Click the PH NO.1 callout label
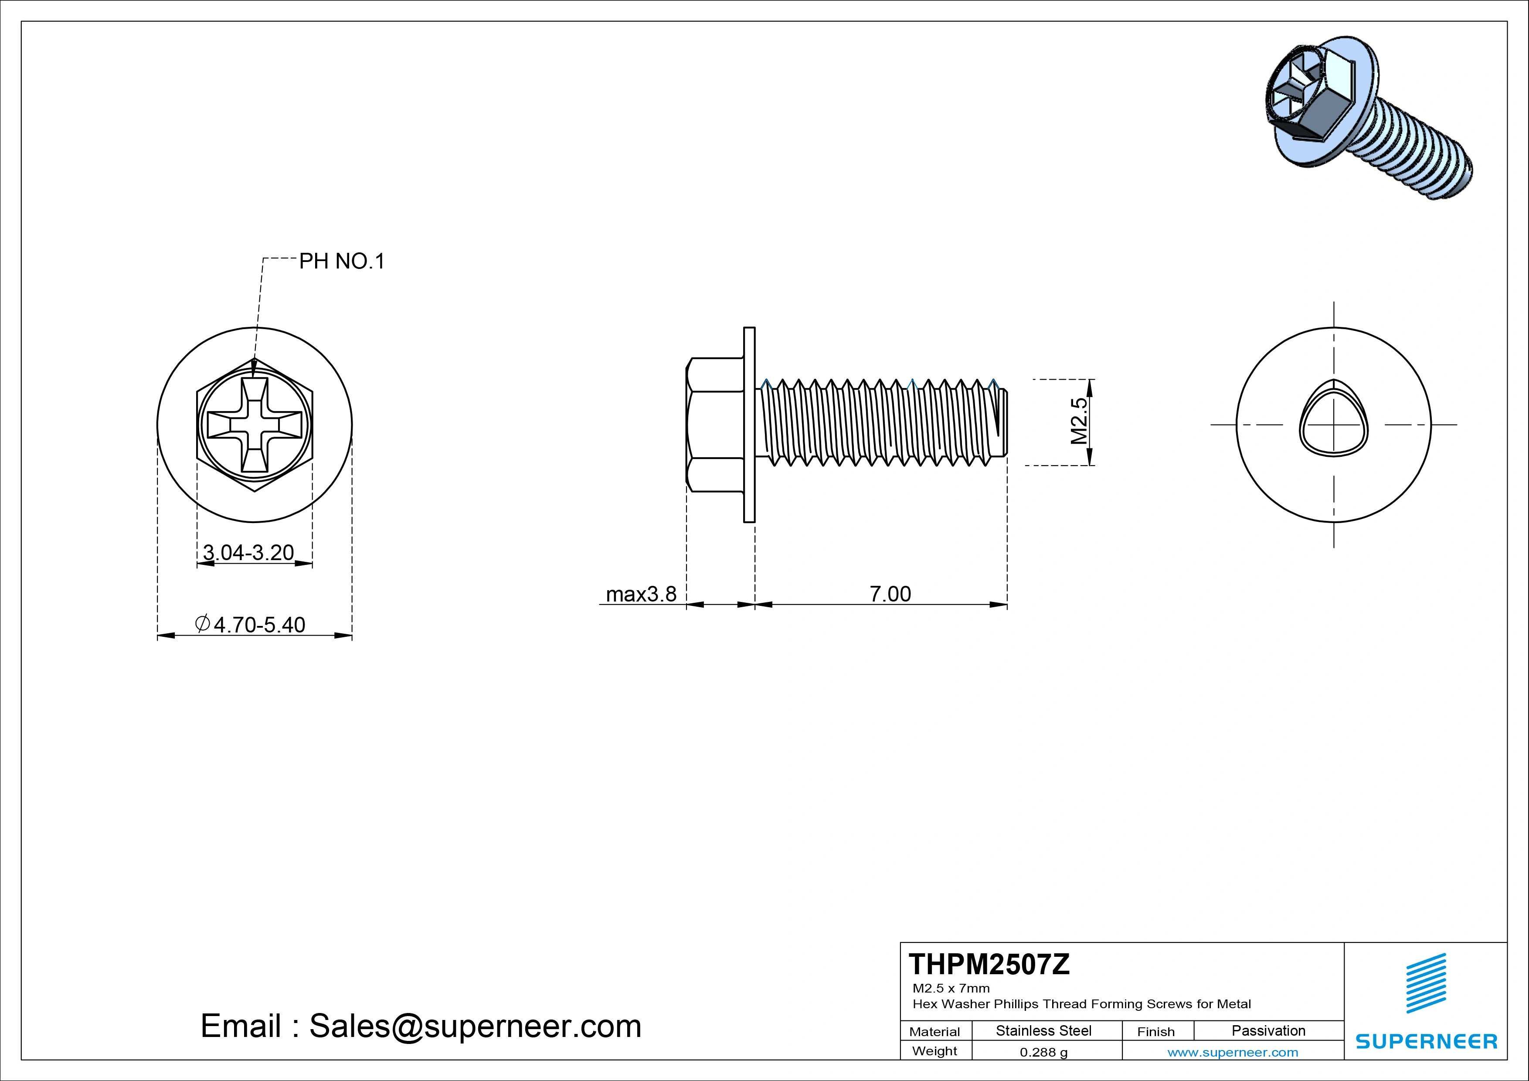point(342,261)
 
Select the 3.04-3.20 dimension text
point(248,552)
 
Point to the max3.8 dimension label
point(641,593)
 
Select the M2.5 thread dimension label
point(1078,421)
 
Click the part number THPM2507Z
point(989,965)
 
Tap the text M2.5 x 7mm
point(951,988)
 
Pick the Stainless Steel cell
point(1043,1030)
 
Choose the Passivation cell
point(1268,1030)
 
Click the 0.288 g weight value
point(1043,1052)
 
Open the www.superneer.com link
point(1233,1052)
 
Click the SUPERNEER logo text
point(1427,1041)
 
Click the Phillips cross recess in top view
point(255,424)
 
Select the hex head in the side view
point(714,424)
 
